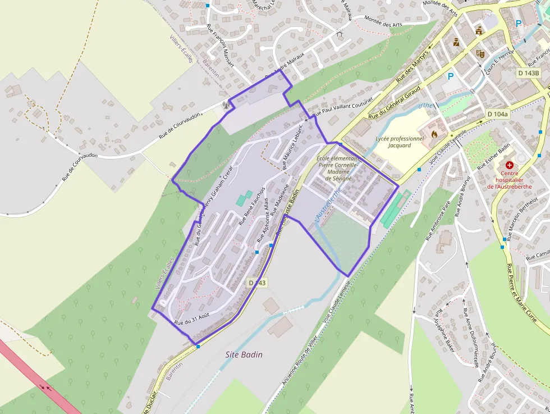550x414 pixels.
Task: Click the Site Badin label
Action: [244, 354]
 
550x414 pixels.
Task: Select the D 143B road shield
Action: [528, 73]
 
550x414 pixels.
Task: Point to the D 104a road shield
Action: [497, 114]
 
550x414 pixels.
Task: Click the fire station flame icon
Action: [434, 134]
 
